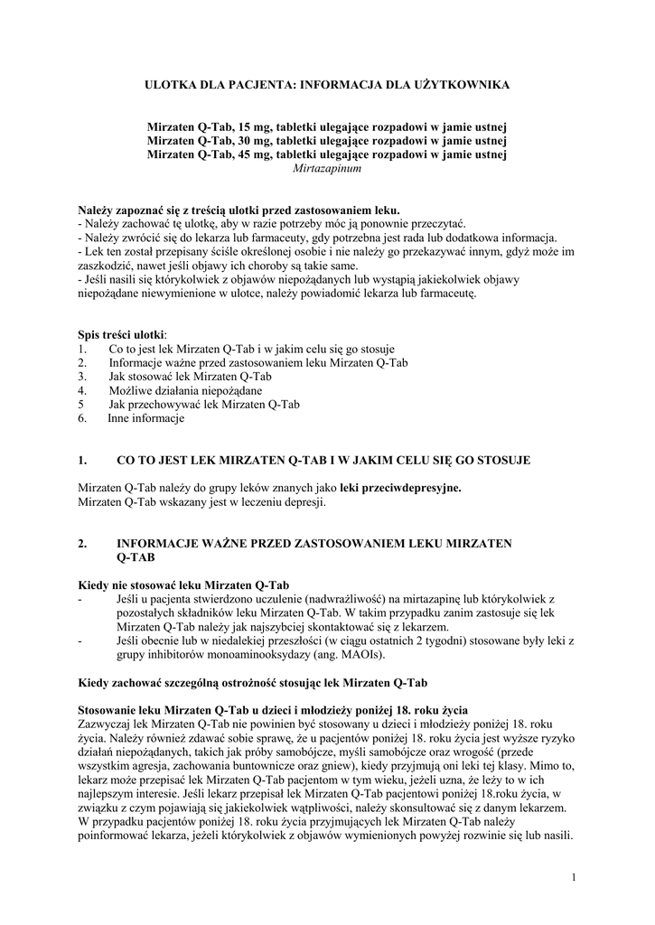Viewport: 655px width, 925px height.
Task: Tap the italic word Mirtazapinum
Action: click(327, 168)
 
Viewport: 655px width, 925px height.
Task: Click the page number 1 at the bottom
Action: click(574, 877)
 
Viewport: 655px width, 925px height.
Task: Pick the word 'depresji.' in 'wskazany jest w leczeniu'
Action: click(304, 502)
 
